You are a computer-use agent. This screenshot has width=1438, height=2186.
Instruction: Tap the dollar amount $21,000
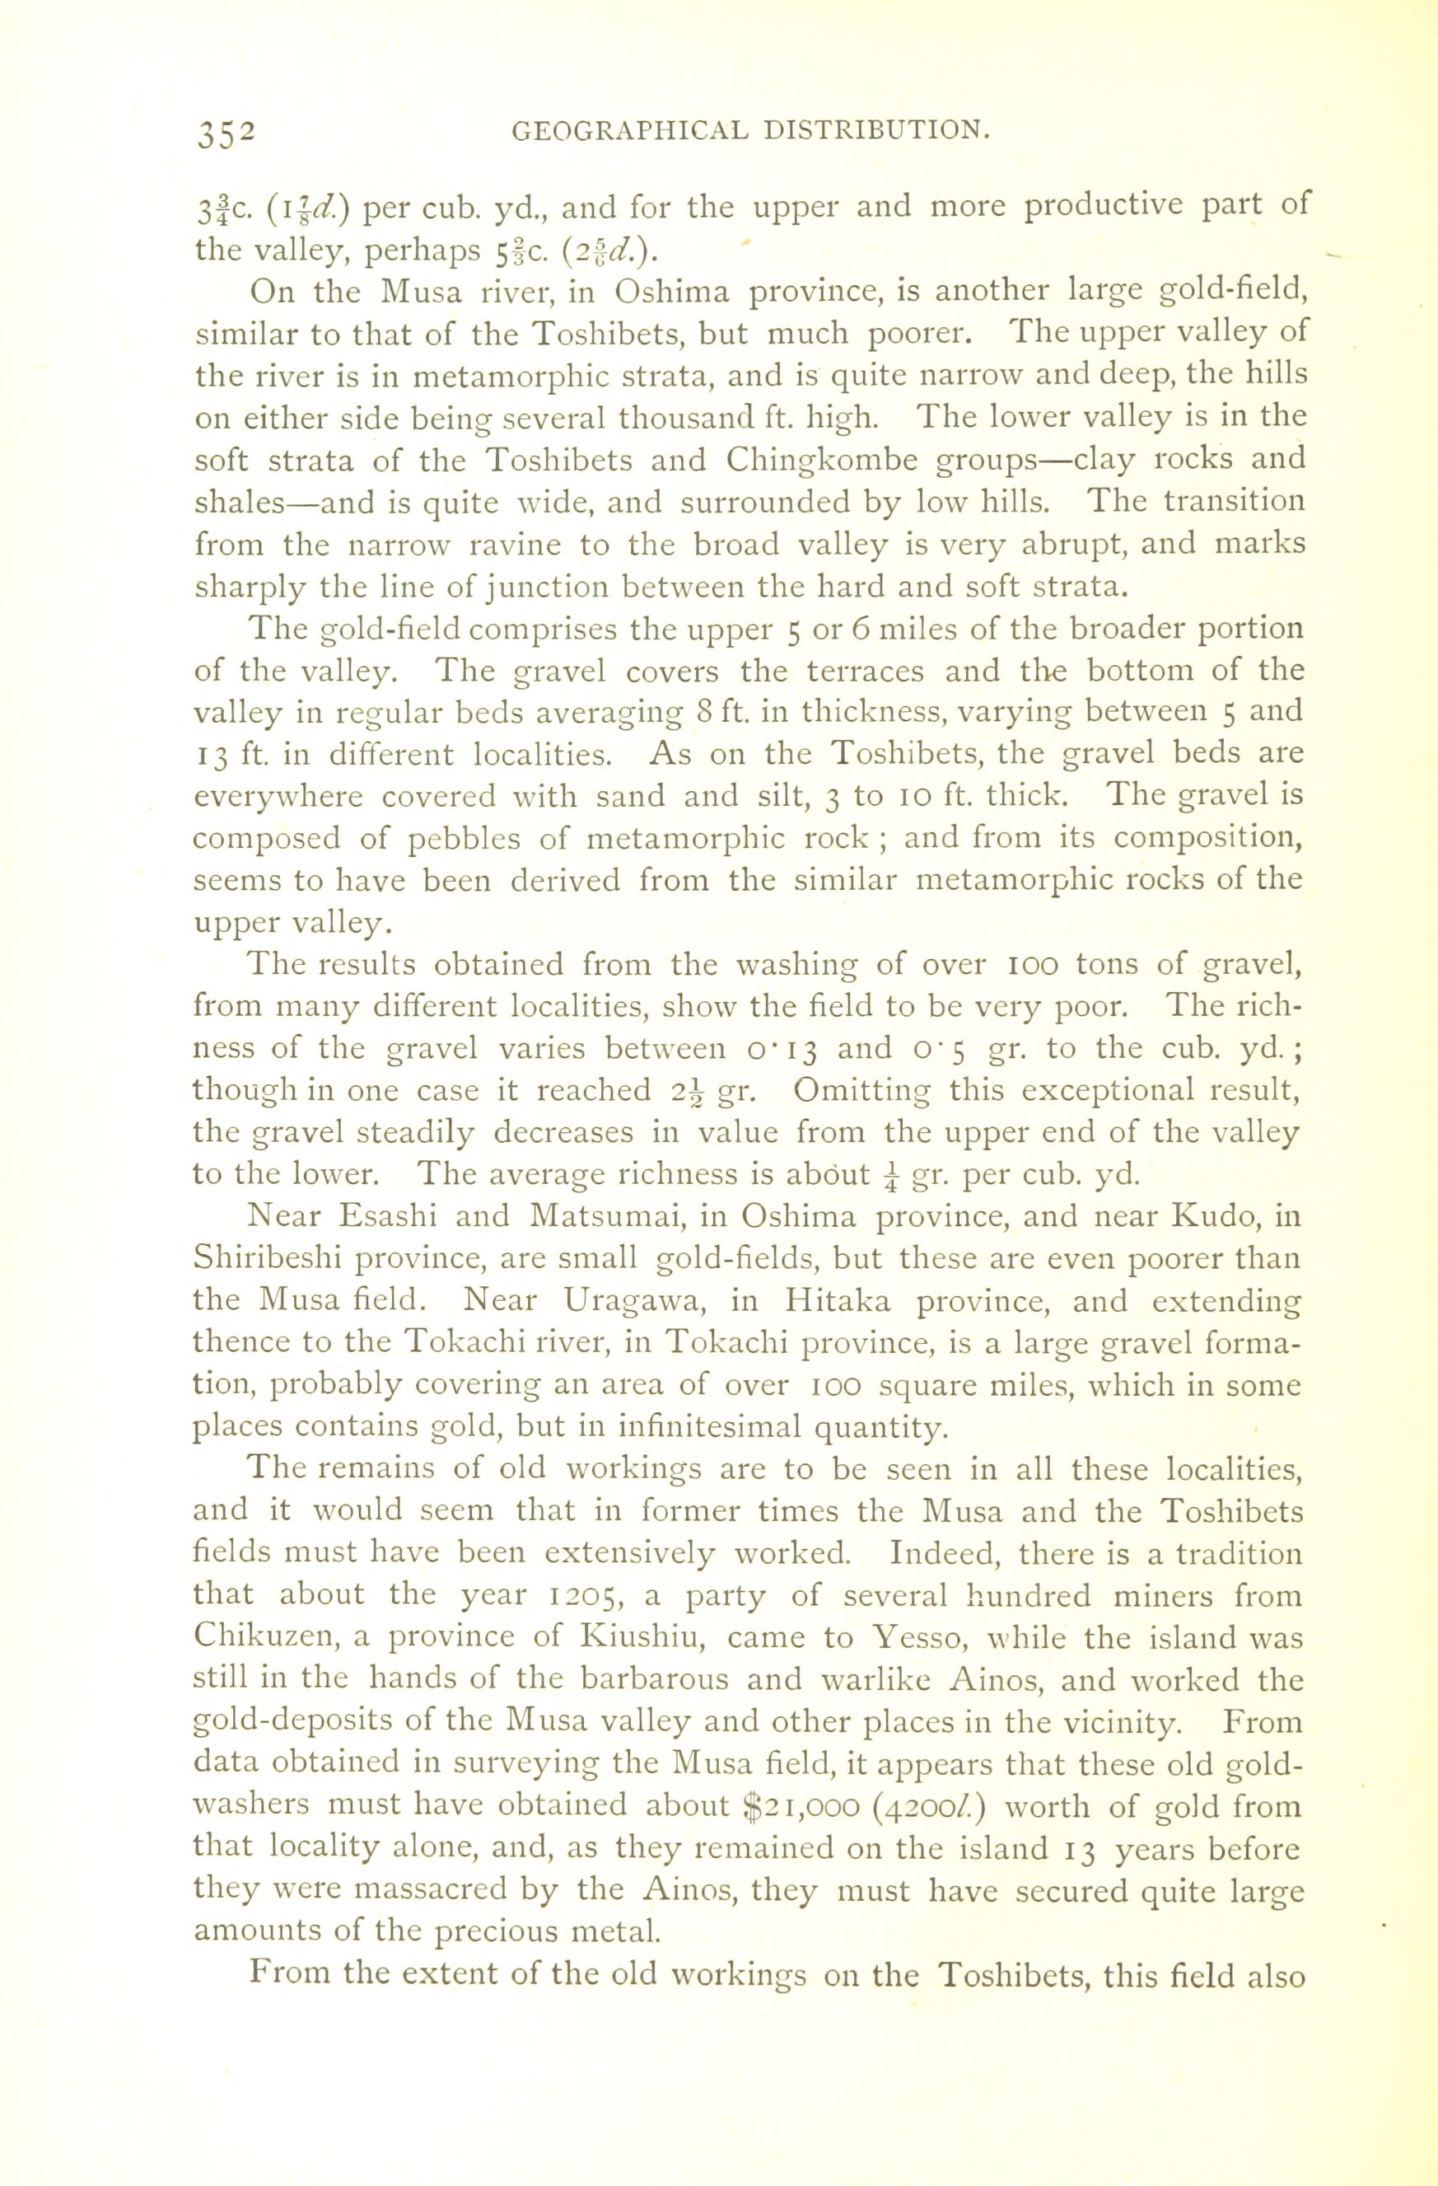(798, 1807)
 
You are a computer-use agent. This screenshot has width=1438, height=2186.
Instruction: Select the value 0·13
(777, 1049)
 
